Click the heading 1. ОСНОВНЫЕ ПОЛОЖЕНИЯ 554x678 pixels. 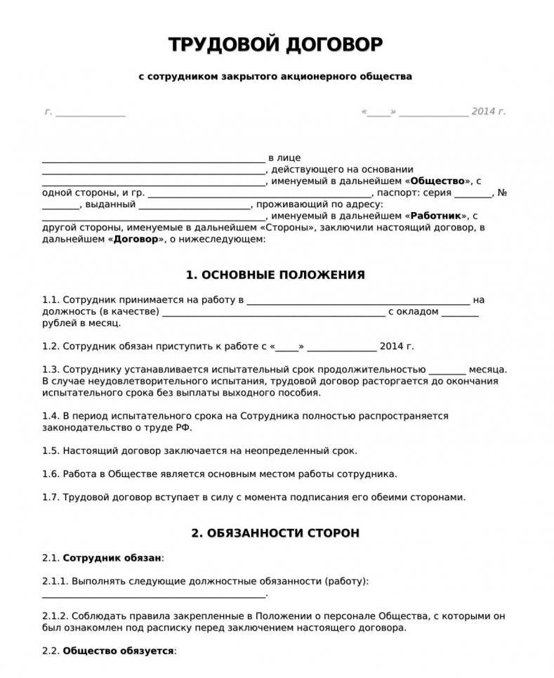(x=275, y=275)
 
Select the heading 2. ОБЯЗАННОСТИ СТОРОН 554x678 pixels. (x=275, y=533)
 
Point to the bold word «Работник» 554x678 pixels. (x=436, y=216)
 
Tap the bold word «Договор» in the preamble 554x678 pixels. (x=136, y=240)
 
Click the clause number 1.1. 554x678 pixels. (x=51, y=300)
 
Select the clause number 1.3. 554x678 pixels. (x=51, y=370)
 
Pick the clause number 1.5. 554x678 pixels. (x=51, y=450)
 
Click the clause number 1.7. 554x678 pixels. (x=51, y=497)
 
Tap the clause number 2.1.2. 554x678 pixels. (x=55, y=615)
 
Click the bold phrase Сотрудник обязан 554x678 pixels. (x=112, y=558)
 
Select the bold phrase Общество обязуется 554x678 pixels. (x=118, y=651)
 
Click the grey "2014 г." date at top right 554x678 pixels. (x=489, y=112)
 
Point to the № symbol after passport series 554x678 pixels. (x=502, y=193)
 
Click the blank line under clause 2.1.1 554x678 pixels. (x=154, y=594)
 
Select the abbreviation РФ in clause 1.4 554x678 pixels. (x=183, y=427)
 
